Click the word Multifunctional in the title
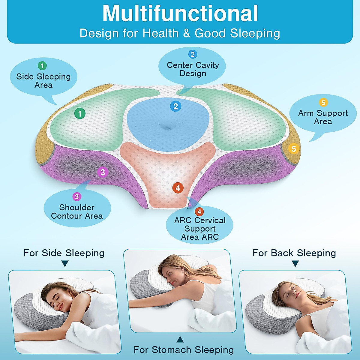click(180, 13)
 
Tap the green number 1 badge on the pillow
click(80, 113)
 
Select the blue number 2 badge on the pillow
click(175, 106)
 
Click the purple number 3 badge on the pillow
click(103, 172)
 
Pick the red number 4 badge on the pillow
click(178, 188)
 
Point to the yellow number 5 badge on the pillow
click(294, 148)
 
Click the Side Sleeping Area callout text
click(43, 81)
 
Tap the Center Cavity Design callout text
click(193, 69)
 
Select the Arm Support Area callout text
click(323, 117)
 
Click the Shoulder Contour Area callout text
click(77, 211)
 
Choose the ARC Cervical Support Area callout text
click(200, 229)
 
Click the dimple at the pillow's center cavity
click(167, 128)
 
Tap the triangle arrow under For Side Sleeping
click(65, 264)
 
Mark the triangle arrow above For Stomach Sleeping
click(180, 339)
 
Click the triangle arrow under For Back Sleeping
click(295, 264)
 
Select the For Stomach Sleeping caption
click(184, 350)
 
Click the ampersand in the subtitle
click(187, 33)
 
